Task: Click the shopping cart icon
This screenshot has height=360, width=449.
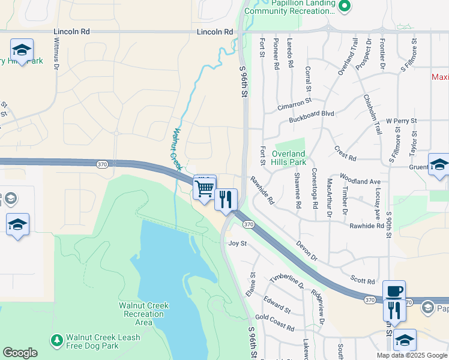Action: point(205,188)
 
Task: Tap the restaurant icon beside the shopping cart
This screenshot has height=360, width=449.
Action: point(226,199)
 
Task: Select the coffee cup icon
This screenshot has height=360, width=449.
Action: point(394,291)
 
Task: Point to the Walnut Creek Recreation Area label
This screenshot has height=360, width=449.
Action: point(143,314)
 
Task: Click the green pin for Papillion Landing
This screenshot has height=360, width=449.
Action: point(344,6)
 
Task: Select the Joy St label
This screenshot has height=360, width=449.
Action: point(238,243)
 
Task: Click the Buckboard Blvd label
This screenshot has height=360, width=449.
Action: point(311,113)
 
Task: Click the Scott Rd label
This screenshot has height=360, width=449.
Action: point(363,281)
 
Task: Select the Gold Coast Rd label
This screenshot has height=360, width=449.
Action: point(274,323)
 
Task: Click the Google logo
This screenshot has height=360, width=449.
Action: point(20,353)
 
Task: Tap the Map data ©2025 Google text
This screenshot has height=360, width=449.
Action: point(411,355)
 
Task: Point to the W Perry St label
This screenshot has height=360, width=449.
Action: point(402,121)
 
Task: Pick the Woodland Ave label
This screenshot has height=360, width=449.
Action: point(360,181)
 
